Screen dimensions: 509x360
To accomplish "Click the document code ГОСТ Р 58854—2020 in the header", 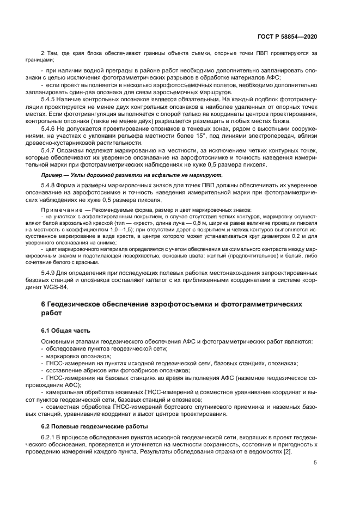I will tap(288, 36).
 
